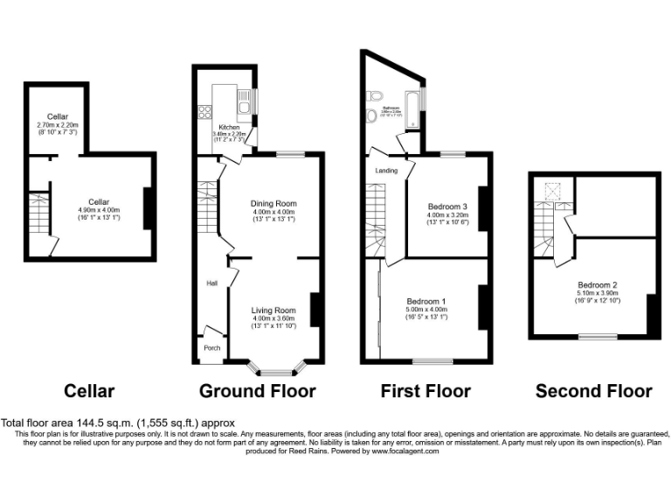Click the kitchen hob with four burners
[x=206, y=111]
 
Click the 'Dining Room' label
[x=273, y=203]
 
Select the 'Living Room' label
[x=273, y=310]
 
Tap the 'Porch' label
[x=211, y=347]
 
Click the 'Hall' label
[x=211, y=283]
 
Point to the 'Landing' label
[x=386, y=171]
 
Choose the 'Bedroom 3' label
[x=447, y=206]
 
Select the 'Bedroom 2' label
[x=598, y=285]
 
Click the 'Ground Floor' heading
[x=258, y=391]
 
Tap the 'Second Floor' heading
[x=593, y=391]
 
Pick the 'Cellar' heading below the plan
[x=89, y=391]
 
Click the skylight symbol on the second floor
[x=553, y=190]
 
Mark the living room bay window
[x=273, y=362]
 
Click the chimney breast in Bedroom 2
[x=650, y=315]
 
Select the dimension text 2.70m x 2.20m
[x=58, y=125]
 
